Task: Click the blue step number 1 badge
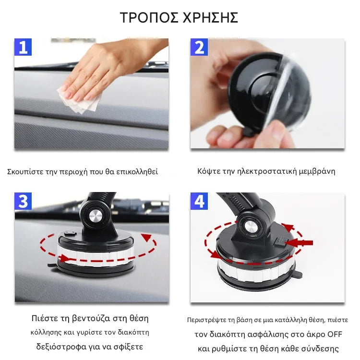tap(23, 47)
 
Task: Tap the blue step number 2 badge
tap(199, 47)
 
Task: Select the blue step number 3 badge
tap(23, 201)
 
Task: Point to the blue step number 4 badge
tap(199, 201)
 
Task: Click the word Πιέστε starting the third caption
tap(45, 318)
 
